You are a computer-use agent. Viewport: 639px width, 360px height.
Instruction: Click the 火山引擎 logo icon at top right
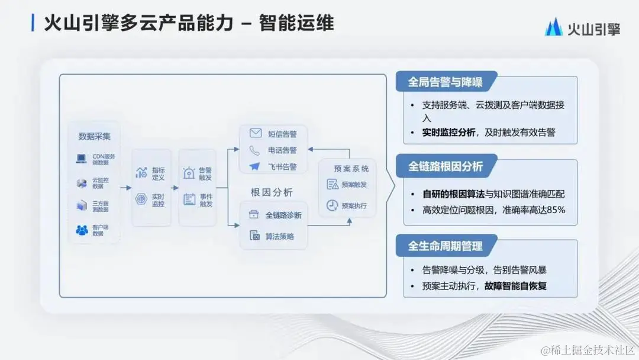pyautogui.click(x=554, y=26)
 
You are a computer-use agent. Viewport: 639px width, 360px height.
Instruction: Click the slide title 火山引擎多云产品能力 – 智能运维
pyautogui.click(x=189, y=23)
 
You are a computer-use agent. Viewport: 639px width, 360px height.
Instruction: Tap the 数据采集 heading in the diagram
pyautogui.click(x=95, y=136)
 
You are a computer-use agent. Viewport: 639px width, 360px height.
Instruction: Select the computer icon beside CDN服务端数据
pyautogui.click(x=81, y=159)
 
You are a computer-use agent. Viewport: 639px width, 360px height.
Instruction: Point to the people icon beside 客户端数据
pyautogui.click(x=82, y=230)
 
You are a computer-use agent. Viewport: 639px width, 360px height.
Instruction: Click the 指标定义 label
pyautogui.click(x=158, y=173)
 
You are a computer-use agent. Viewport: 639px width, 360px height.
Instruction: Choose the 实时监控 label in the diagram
pyautogui.click(x=158, y=200)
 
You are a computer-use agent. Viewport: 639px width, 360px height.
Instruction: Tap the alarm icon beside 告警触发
pyautogui.click(x=189, y=173)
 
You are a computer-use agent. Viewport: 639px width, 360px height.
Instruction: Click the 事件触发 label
pyautogui.click(x=206, y=200)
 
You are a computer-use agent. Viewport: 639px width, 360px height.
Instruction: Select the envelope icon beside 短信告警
pyautogui.click(x=255, y=133)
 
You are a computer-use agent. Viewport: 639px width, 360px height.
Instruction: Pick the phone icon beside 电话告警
pyautogui.click(x=255, y=150)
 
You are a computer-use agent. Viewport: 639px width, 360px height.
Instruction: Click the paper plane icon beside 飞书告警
pyautogui.click(x=255, y=167)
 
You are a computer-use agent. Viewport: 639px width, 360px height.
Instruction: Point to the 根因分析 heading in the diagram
pyautogui.click(x=272, y=192)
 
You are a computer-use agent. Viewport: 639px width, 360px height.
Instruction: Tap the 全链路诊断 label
pyautogui.click(x=283, y=215)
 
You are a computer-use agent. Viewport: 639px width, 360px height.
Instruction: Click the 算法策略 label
pyautogui.click(x=279, y=236)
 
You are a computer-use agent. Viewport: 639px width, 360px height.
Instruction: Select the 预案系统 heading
pyautogui.click(x=347, y=168)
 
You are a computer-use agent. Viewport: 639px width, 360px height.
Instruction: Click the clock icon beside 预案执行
pyautogui.click(x=333, y=205)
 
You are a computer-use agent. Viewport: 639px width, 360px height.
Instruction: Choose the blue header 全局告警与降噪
pyautogui.click(x=446, y=82)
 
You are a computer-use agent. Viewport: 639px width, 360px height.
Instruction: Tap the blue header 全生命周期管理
pyautogui.click(x=446, y=246)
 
